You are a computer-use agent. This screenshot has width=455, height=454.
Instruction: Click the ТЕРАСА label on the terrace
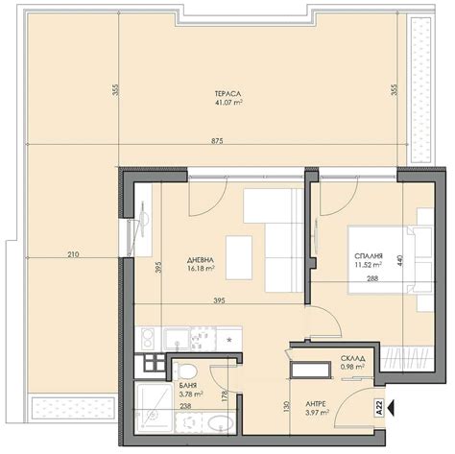coord(227,94)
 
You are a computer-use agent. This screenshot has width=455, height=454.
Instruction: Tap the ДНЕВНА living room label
coord(201,260)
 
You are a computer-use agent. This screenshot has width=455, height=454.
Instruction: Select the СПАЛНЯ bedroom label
coord(369,256)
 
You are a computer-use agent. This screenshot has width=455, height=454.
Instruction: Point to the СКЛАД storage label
coord(353,359)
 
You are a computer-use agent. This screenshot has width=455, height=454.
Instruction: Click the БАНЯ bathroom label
coord(188,386)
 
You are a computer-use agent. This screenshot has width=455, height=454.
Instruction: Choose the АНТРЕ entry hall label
coord(316,404)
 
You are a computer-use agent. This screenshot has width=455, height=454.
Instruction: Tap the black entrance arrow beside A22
coord(391,407)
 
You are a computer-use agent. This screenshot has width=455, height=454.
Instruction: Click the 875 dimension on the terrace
coord(217,141)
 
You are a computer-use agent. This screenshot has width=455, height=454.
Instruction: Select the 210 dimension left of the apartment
coord(73,254)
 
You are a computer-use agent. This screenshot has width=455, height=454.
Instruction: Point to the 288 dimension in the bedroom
coord(372,278)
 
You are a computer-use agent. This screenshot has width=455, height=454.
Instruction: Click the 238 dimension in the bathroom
coord(185,406)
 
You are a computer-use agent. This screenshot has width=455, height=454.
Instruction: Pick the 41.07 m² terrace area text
coord(228,103)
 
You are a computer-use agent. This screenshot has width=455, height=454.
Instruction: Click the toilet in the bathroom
coord(184,370)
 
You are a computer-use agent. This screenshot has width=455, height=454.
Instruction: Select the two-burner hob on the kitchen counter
coord(148,339)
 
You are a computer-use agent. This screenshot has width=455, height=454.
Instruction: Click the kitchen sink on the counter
coord(177,339)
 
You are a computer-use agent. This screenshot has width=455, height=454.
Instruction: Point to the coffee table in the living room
coord(239,258)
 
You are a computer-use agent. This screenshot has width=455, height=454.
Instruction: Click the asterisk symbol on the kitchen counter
coord(229,340)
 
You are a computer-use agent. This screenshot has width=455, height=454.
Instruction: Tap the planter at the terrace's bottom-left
coord(74,408)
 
